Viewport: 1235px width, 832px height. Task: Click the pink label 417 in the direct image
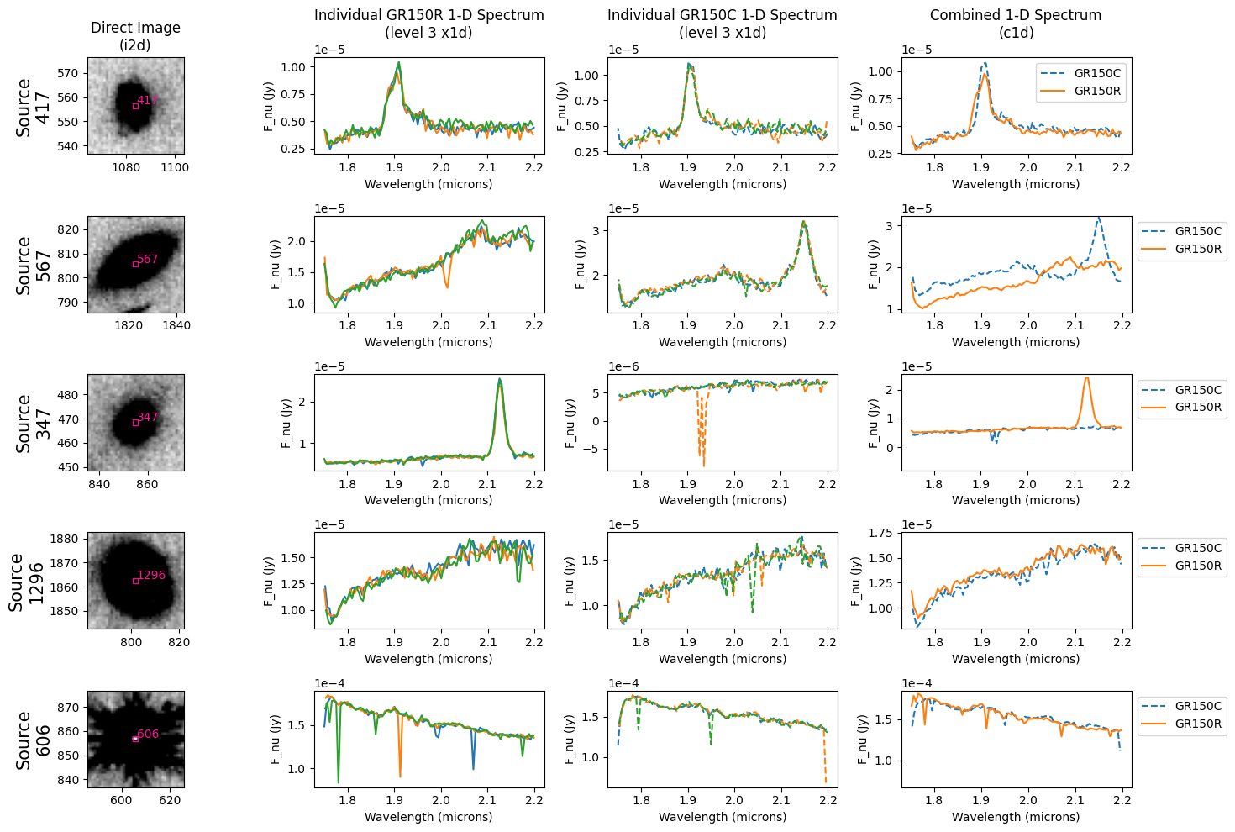[148, 100]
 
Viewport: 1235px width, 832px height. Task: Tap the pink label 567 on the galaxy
[148, 259]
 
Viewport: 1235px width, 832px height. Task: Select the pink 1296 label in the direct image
[151, 576]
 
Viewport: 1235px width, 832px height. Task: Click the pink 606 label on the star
[148, 734]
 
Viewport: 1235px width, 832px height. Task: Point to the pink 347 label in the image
[148, 417]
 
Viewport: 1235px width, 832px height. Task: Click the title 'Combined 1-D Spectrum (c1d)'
[1016, 24]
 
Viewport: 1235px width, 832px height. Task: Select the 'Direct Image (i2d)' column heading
[135, 36]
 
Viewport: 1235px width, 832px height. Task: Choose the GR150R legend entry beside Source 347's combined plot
[1198, 407]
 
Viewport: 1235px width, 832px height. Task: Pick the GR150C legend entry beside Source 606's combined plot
[1198, 706]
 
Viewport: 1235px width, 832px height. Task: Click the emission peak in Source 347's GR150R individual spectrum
[500, 380]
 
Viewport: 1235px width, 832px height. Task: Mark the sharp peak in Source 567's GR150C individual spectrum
[804, 222]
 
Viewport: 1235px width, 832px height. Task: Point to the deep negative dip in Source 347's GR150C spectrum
[704, 464]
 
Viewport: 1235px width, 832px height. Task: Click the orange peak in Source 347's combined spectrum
[1086, 377]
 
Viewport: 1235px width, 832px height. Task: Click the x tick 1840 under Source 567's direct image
[176, 325]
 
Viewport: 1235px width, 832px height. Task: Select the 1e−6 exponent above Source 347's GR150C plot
[623, 366]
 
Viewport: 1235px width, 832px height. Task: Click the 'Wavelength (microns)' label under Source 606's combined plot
[1016, 817]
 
